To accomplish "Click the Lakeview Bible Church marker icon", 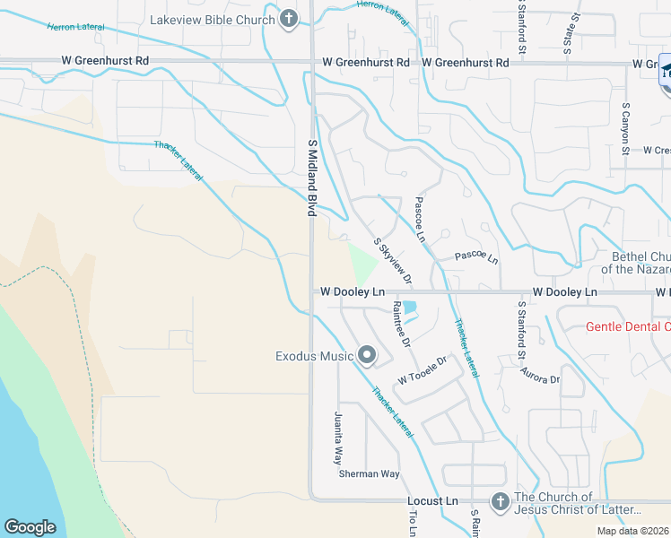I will [288, 19].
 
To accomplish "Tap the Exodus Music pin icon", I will [366, 356].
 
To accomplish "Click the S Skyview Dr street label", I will [393, 262].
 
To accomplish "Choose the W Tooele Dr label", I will [423, 370].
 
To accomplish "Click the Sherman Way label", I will [369, 473].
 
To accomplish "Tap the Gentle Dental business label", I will [627, 326].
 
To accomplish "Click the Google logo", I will [30, 527].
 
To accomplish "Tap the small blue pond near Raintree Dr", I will [410, 308].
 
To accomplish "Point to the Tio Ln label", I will [414, 524].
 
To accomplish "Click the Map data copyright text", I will [632, 531].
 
